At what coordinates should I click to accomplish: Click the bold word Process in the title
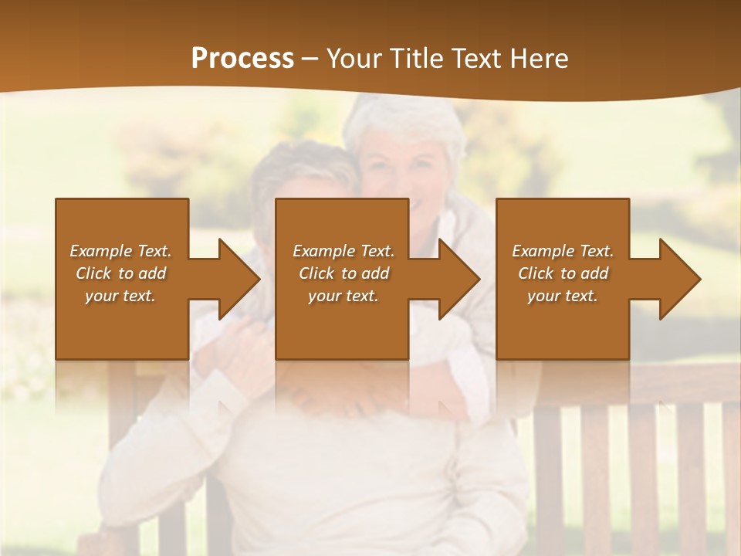pos(242,58)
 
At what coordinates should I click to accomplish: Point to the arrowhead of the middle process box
pos(458,280)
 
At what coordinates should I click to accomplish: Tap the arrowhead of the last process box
pos(679,280)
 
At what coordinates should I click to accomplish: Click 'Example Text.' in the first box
pos(120,251)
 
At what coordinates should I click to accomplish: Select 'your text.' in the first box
pos(120,296)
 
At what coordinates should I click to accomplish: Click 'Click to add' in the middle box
pos(343,273)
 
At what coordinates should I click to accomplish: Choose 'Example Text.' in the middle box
pos(343,251)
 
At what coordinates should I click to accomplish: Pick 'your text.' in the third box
pos(563,296)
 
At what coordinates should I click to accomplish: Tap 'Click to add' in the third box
pos(563,273)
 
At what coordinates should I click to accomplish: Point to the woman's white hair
pos(401,124)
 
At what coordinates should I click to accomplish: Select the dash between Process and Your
pos(310,59)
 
